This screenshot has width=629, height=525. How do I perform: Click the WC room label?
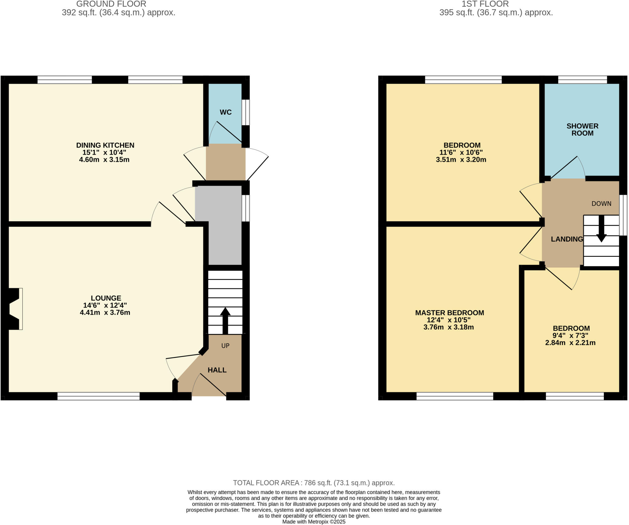[x=225, y=112]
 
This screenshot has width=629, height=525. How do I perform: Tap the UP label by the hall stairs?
[x=225, y=346]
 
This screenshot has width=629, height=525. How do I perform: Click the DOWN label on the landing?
[x=601, y=203]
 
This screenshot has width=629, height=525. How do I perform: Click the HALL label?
[x=217, y=370]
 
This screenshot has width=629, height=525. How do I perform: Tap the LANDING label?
[x=567, y=239]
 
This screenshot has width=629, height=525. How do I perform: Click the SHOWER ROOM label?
[x=582, y=129]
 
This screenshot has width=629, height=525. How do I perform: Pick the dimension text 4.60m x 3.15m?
[x=104, y=160]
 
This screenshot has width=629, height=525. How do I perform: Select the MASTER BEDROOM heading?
[x=449, y=313]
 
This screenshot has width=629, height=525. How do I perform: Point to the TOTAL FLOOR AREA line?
[x=314, y=483]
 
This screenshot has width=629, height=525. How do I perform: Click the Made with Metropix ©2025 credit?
[x=314, y=522]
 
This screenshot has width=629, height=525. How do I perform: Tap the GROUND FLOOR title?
[x=111, y=4]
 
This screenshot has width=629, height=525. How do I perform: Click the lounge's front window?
[x=98, y=396]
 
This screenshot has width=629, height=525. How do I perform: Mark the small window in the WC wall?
[x=245, y=112]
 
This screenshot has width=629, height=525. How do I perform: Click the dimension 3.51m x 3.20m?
[x=461, y=160]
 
